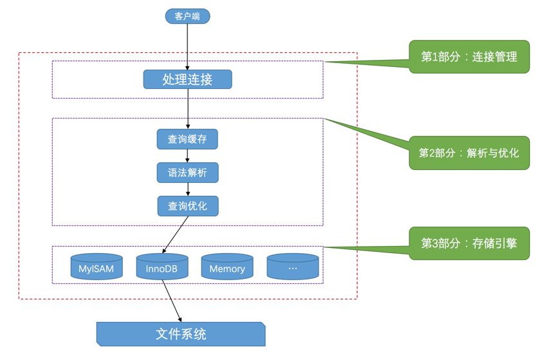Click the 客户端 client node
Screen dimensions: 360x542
(x=187, y=16)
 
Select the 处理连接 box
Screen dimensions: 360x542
(x=187, y=79)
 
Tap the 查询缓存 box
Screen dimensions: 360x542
(x=187, y=139)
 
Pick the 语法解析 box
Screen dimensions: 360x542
(x=187, y=173)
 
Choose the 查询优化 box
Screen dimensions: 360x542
(x=187, y=206)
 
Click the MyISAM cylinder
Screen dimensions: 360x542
(x=96, y=267)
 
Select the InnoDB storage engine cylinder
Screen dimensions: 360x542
(x=161, y=267)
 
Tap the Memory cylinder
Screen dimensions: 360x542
(x=227, y=267)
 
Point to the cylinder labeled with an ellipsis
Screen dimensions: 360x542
(x=293, y=267)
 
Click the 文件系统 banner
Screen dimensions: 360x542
(x=181, y=334)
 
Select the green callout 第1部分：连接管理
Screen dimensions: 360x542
(x=469, y=57)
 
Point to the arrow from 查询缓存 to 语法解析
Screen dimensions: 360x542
(x=187, y=156)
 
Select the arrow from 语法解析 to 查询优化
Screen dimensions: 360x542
(x=187, y=189)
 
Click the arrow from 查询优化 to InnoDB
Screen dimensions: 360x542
(x=175, y=234)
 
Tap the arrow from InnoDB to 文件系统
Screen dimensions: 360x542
(x=171, y=301)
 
